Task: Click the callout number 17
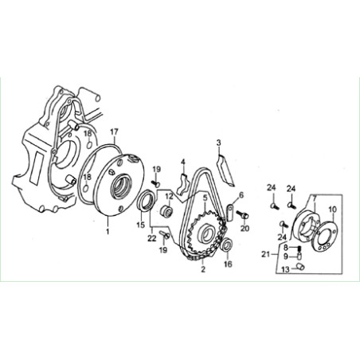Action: [x=114, y=132]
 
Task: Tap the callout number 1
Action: [x=108, y=231]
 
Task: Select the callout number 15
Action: [x=141, y=225]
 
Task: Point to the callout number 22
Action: [x=152, y=238]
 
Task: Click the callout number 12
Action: [x=170, y=197]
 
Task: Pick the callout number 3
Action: [x=218, y=143]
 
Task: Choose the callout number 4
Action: [x=183, y=162]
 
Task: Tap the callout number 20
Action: [x=245, y=228]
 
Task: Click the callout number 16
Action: [x=228, y=264]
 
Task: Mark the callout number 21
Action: [x=265, y=254]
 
